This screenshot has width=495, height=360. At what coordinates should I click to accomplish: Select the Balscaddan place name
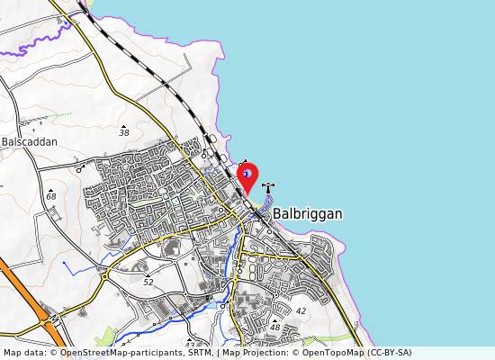[x=30, y=142]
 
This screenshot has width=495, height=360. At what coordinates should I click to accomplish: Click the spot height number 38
[x=124, y=132]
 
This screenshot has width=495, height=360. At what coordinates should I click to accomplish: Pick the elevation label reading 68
[x=50, y=196]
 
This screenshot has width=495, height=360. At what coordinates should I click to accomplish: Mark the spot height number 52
[x=148, y=282]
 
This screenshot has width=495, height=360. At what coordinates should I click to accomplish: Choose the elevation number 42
[x=301, y=310]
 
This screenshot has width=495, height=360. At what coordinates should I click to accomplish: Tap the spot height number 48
[x=274, y=328]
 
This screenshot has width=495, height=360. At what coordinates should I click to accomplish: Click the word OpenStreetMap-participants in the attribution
[x=104, y=353]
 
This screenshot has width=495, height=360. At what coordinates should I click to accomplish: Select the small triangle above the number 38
[x=124, y=123]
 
